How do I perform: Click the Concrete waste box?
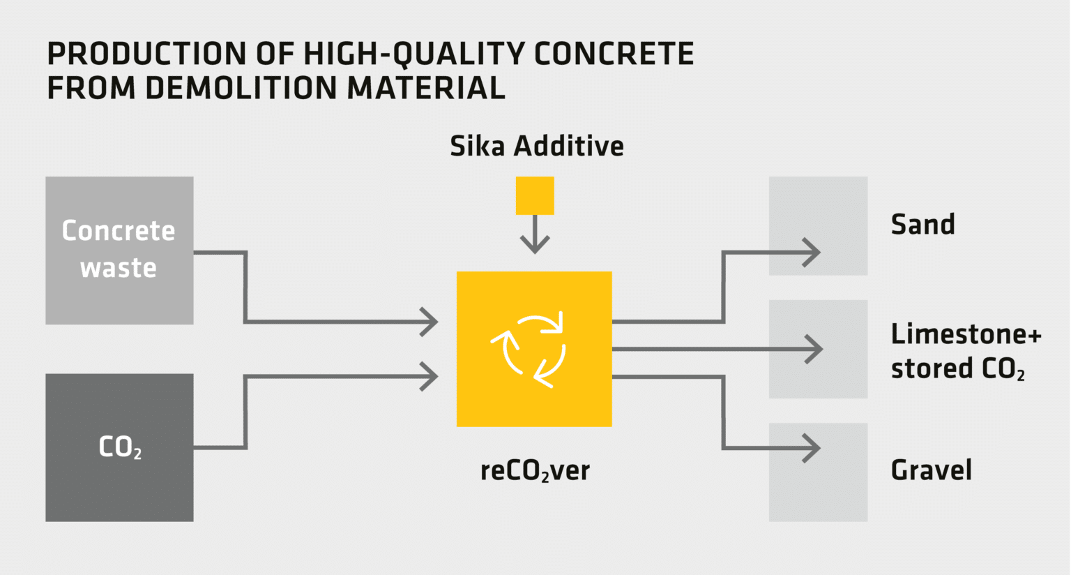click(119, 250)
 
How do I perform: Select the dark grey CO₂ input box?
click(119, 447)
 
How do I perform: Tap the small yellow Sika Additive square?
click(535, 195)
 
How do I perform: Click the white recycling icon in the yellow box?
click(534, 350)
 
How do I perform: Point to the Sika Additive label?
click(536, 147)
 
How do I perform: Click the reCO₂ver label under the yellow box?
click(535, 471)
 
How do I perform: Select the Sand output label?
click(922, 225)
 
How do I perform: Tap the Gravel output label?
click(931, 470)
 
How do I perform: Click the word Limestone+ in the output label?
click(966, 334)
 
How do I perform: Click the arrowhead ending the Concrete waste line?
click(430, 322)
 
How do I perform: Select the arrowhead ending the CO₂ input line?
click(430, 377)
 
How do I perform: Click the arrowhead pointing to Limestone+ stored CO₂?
click(814, 349)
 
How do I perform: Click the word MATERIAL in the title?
click(426, 88)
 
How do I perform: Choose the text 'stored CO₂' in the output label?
click(957, 369)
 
